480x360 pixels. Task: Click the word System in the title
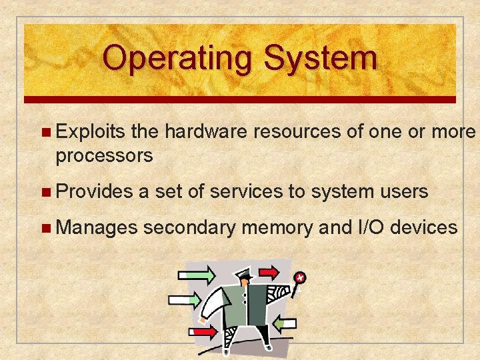click(320, 58)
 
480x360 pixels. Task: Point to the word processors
click(105, 156)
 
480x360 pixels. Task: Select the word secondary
click(190, 228)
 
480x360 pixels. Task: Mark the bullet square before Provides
click(45, 193)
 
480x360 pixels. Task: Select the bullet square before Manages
click(45, 229)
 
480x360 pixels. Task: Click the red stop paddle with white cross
click(301, 277)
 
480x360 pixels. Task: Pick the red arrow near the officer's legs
click(204, 331)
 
